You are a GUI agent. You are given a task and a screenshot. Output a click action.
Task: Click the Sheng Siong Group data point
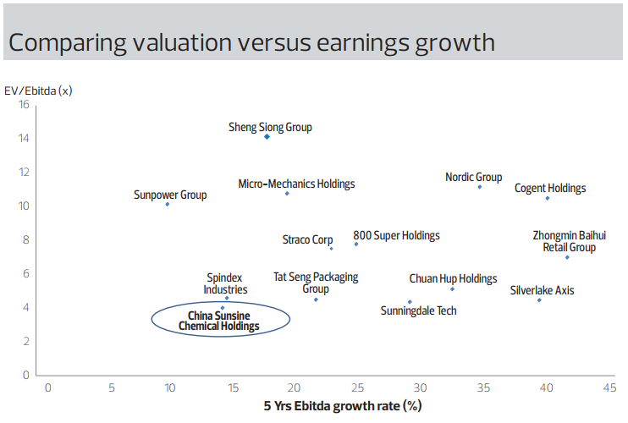(267, 137)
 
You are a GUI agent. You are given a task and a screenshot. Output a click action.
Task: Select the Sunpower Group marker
(168, 205)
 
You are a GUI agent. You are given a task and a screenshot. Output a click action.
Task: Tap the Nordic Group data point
(479, 187)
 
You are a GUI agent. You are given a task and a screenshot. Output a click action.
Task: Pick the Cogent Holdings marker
(548, 199)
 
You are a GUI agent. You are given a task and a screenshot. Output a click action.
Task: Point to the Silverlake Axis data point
(539, 300)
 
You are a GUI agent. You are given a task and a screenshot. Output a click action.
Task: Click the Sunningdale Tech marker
(410, 302)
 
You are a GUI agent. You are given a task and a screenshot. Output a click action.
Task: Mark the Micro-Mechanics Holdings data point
(287, 194)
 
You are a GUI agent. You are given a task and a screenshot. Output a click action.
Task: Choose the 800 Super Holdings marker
(356, 244)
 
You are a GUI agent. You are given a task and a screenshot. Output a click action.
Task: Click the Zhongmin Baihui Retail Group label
(569, 241)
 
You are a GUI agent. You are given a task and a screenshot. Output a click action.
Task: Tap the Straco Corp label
(307, 239)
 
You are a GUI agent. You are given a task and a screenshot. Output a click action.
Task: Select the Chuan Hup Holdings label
(453, 278)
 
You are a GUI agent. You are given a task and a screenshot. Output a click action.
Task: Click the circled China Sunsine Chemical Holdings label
(219, 321)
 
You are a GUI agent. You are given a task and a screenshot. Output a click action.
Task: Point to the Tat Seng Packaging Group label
(316, 283)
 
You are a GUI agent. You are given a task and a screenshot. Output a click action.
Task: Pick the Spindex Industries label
(225, 283)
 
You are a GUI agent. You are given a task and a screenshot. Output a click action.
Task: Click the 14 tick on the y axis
(24, 139)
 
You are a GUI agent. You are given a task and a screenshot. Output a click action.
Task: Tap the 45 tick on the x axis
(609, 387)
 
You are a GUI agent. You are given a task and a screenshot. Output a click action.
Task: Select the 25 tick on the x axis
(358, 387)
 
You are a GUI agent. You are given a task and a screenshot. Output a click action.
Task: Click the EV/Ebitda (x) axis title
(38, 91)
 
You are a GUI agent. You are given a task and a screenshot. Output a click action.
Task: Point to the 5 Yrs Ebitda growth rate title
(343, 406)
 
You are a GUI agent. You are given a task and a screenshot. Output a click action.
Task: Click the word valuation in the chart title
(182, 43)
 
